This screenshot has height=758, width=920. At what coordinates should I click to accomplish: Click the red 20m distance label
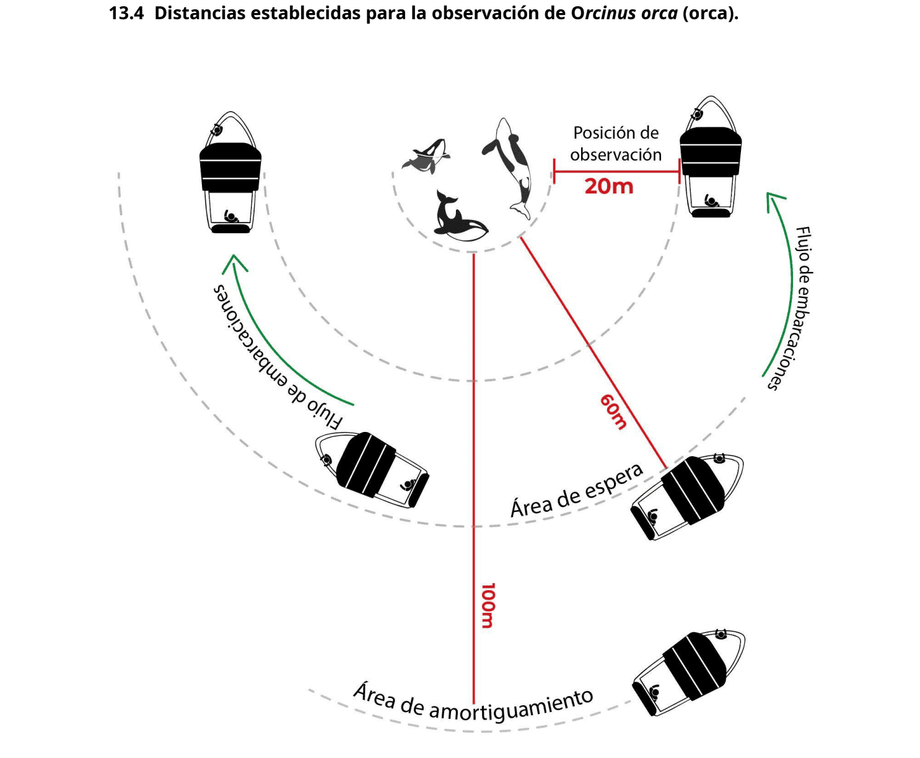click(x=609, y=186)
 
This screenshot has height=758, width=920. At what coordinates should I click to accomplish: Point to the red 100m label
click(x=488, y=606)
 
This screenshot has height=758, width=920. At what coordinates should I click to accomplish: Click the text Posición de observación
click(x=616, y=144)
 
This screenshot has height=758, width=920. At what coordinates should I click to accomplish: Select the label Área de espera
click(x=576, y=491)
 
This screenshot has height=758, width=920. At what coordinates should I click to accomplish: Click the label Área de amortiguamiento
click(x=473, y=703)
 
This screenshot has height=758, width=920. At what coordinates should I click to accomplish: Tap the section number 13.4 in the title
click(x=126, y=13)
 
